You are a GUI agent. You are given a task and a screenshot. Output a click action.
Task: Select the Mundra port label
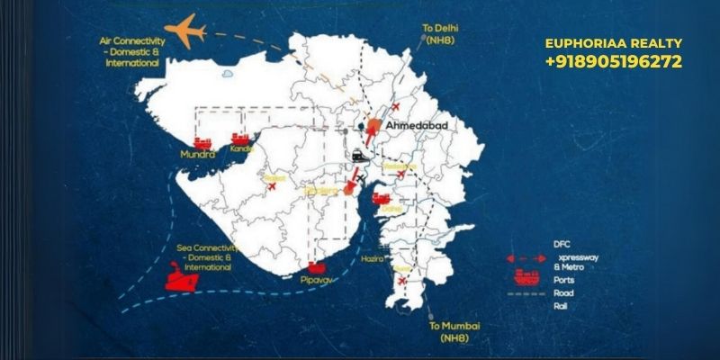click(x=198, y=155)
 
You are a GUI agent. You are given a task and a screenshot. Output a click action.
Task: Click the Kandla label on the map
click(x=241, y=148)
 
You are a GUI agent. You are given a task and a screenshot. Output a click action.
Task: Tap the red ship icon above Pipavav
click(x=316, y=267)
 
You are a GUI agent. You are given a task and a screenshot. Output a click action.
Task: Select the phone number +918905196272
click(x=612, y=62)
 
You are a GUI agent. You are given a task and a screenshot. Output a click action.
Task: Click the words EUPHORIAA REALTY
click(x=614, y=43)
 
